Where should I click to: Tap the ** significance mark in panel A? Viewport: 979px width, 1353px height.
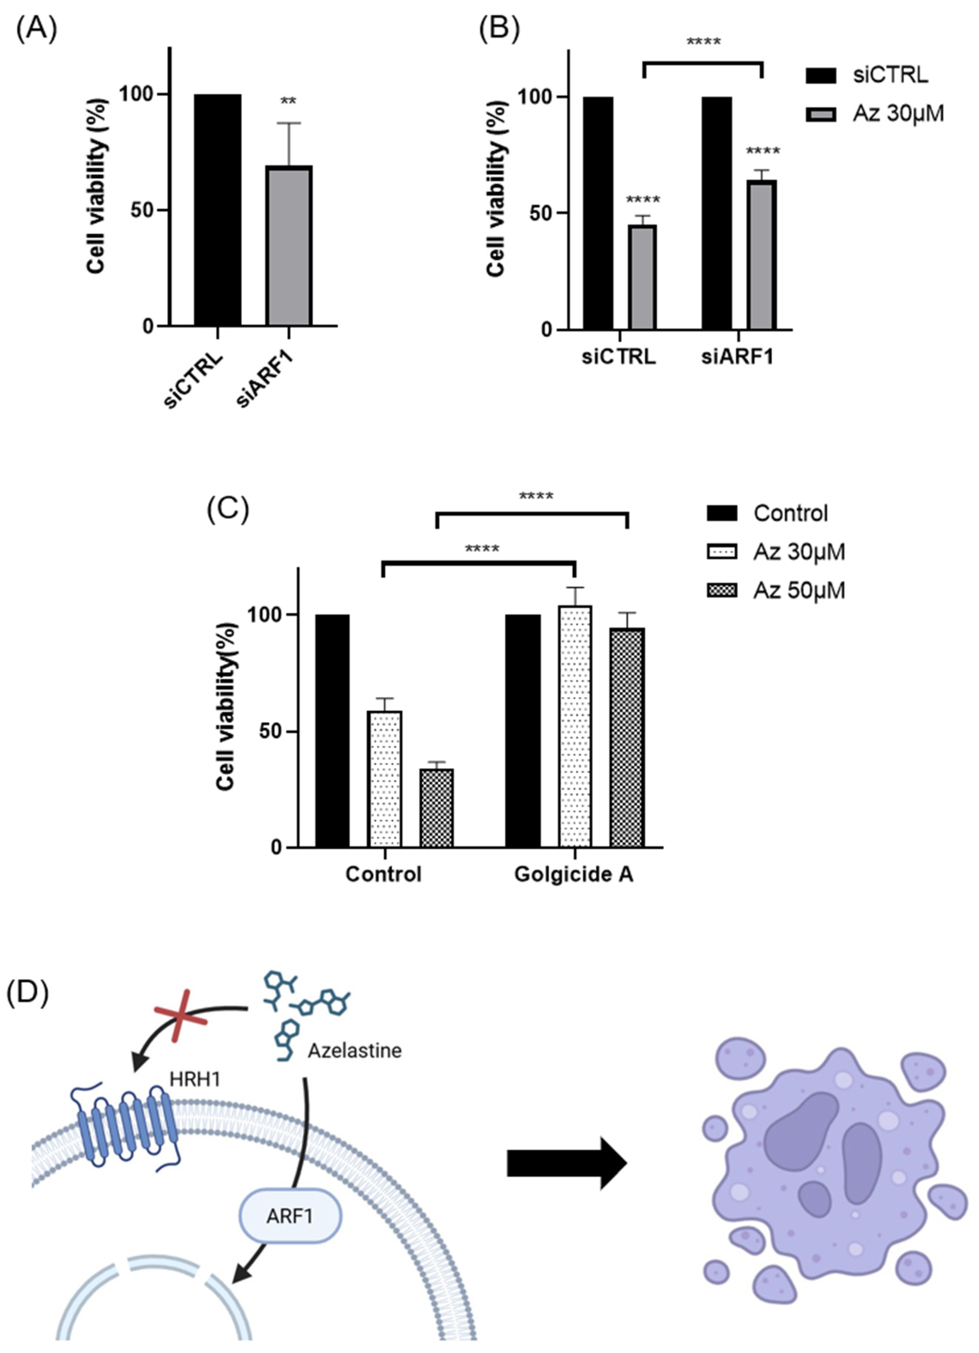point(288,101)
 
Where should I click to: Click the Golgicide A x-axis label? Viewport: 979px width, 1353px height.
point(573,875)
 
